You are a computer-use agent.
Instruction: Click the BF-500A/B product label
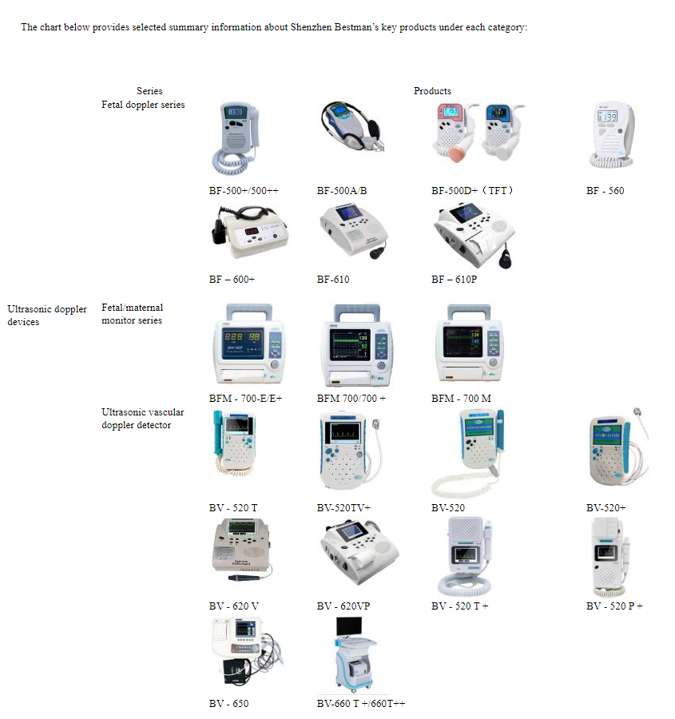coord(341,191)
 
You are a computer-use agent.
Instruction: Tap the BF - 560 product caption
coord(605,191)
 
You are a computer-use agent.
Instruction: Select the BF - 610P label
coord(459,280)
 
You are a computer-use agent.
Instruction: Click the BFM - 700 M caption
coord(461,399)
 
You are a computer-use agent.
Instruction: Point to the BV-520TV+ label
coord(343,508)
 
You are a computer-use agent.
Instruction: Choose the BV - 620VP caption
coord(343,606)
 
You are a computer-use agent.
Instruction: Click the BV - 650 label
coord(228,704)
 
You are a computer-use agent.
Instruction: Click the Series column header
coord(149,91)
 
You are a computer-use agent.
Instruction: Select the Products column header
coord(432,91)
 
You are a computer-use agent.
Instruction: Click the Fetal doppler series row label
coord(143,105)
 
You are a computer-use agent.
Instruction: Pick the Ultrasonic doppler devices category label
coord(47,316)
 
